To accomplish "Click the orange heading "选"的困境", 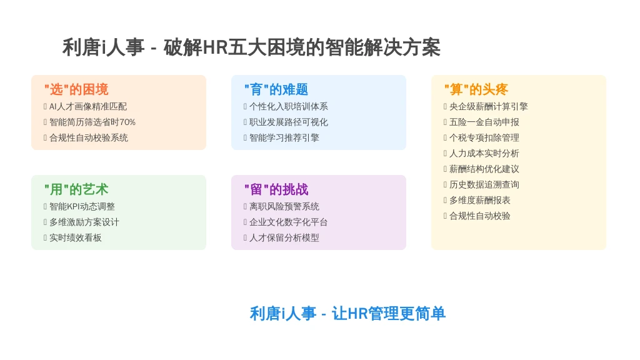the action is point(76,89).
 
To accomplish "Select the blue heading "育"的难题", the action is point(276,89).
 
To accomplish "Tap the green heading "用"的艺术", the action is point(76,189).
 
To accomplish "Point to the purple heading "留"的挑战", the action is point(276,189).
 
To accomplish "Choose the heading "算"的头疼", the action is point(476,89).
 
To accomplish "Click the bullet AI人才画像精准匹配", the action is point(88,106).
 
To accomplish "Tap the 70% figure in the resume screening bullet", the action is point(127,122).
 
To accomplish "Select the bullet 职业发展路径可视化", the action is point(289,122).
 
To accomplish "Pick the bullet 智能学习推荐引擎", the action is point(284,138).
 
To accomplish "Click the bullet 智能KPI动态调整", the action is point(82,206).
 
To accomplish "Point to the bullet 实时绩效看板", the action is point(76,238).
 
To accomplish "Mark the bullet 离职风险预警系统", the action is point(284,206).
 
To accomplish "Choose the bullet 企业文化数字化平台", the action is point(289,222).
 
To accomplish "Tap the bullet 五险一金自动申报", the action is point(484,122).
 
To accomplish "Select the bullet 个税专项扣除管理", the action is point(484,138).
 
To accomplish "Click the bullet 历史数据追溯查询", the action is point(484,185).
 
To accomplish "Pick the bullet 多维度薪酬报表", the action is point(479,201).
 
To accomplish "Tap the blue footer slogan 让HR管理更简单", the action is point(389,314).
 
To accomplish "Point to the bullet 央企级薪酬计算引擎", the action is point(489,106).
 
